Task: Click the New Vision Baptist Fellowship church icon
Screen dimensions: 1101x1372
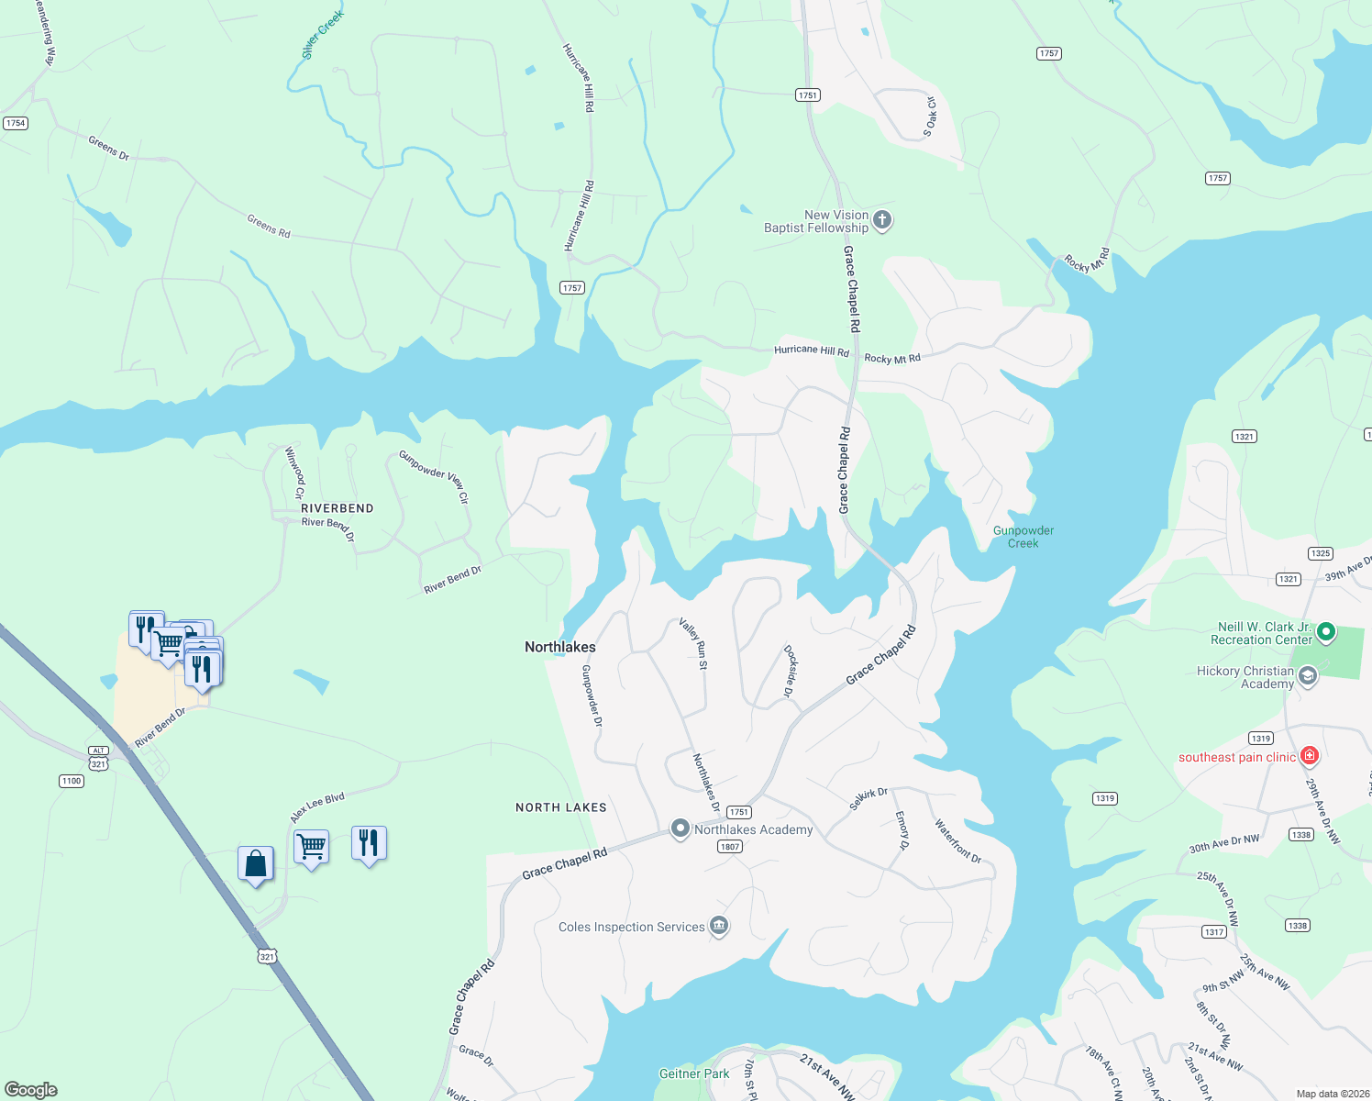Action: [882, 220]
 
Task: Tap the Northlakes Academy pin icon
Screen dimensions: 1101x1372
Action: [680, 829]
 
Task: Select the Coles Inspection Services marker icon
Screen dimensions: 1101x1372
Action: [720, 926]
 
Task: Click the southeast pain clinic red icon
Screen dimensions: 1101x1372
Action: [1310, 756]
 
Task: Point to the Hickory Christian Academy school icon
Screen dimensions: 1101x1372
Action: [1308, 677]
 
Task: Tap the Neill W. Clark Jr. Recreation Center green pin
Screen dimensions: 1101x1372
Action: [1325, 632]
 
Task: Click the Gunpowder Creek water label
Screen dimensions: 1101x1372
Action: [1023, 537]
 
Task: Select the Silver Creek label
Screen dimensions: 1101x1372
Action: [322, 35]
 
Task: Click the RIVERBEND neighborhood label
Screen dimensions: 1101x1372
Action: [337, 508]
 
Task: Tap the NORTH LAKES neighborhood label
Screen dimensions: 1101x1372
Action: [561, 807]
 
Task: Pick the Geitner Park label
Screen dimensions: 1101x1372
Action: [694, 1073]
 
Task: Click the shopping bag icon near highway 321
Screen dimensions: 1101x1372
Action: [256, 863]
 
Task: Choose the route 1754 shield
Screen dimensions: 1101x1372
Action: [16, 123]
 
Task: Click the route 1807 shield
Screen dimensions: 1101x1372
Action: [730, 847]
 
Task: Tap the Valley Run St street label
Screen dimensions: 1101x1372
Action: [693, 643]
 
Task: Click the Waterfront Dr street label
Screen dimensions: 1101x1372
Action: [957, 841]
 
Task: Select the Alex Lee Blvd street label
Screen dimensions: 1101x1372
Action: [317, 807]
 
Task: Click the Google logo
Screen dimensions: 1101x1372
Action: [31, 1090]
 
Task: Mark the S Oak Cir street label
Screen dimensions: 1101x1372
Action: [930, 117]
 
